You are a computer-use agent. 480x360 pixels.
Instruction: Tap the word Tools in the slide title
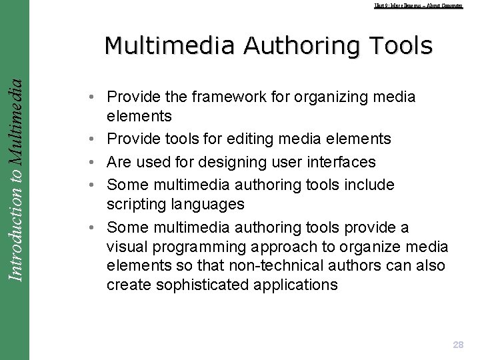(399, 45)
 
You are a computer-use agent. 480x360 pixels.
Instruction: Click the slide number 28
(458, 345)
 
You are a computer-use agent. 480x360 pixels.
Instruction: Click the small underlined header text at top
(418, 5)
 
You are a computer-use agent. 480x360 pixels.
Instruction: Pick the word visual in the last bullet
(127, 247)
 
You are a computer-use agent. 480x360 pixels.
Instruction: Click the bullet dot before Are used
(89, 162)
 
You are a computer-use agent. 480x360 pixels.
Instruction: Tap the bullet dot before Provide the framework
(89, 97)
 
